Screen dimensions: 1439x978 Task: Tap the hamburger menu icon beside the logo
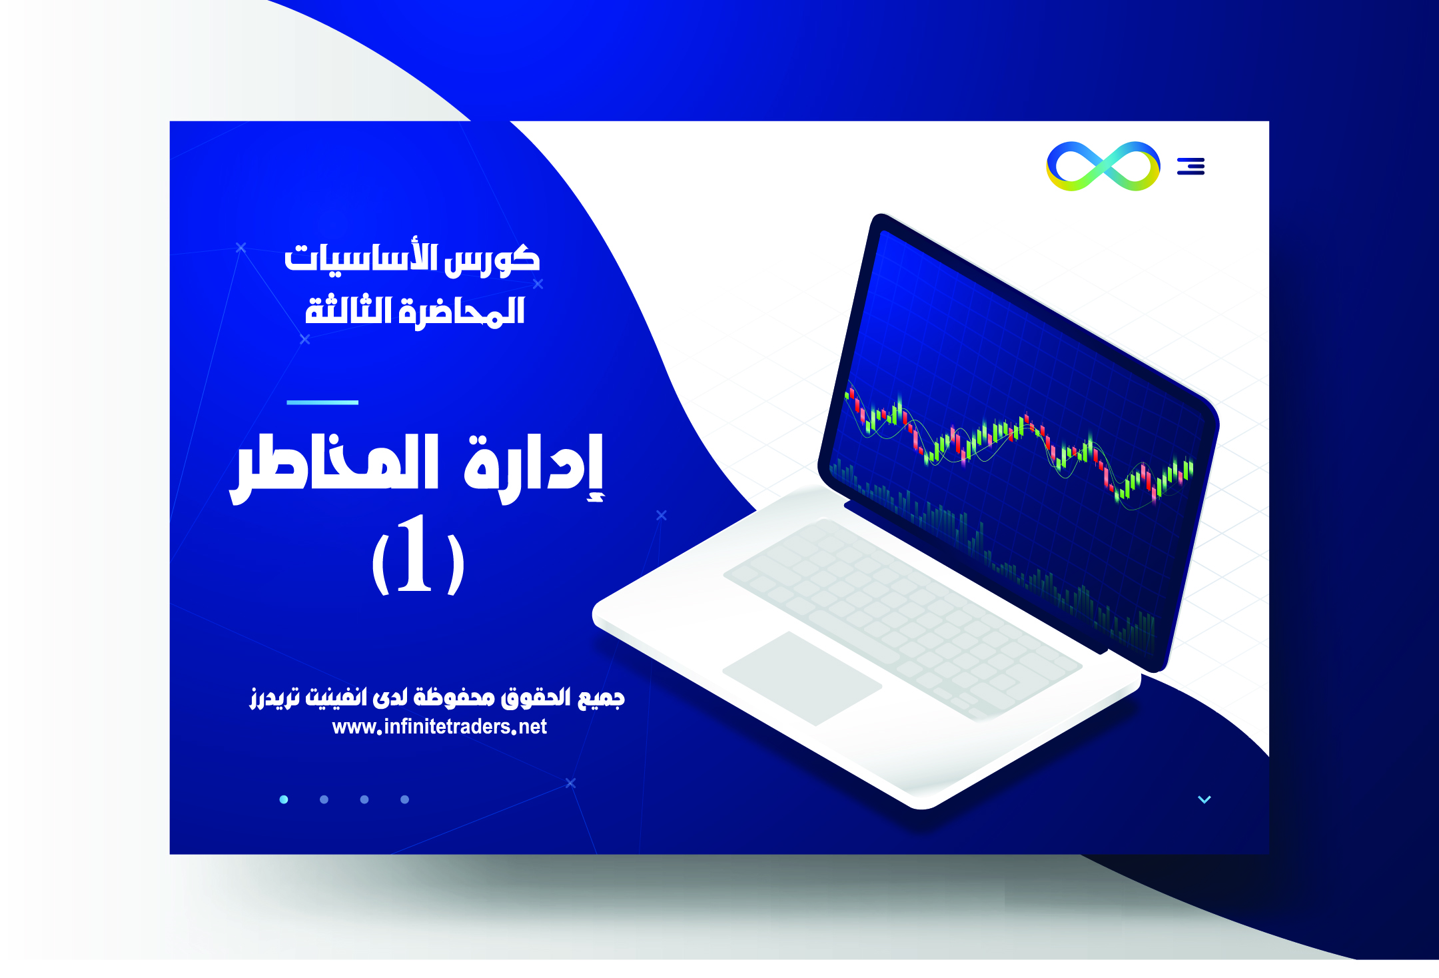(1191, 166)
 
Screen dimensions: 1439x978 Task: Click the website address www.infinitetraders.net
(440, 727)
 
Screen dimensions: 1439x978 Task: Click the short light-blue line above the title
(322, 402)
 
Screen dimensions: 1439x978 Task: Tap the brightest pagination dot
(284, 799)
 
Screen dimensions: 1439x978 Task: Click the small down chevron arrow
(1204, 799)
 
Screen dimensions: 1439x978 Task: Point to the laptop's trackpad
(802, 678)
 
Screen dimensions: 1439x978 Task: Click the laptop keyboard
(903, 620)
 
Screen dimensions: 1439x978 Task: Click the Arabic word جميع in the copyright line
(602, 698)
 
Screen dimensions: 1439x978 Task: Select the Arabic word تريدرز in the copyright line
(274, 698)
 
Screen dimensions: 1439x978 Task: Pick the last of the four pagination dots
(404, 799)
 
